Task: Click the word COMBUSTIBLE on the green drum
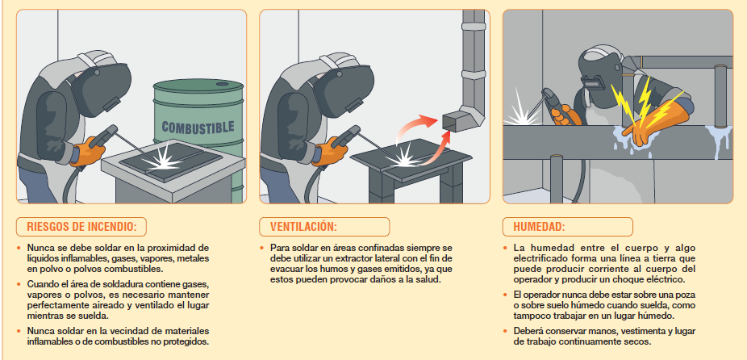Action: click(x=198, y=127)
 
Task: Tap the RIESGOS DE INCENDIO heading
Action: click(x=81, y=227)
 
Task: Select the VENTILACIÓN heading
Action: click(x=303, y=227)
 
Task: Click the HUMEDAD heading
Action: click(x=540, y=227)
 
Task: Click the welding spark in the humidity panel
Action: click(x=522, y=111)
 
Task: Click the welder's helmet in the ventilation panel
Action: click(x=343, y=88)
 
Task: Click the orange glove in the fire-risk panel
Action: click(x=89, y=151)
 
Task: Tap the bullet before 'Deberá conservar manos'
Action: click(x=507, y=330)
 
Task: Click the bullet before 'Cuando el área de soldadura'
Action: click(x=19, y=283)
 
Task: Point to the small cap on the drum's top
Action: click(x=223, y=83)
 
